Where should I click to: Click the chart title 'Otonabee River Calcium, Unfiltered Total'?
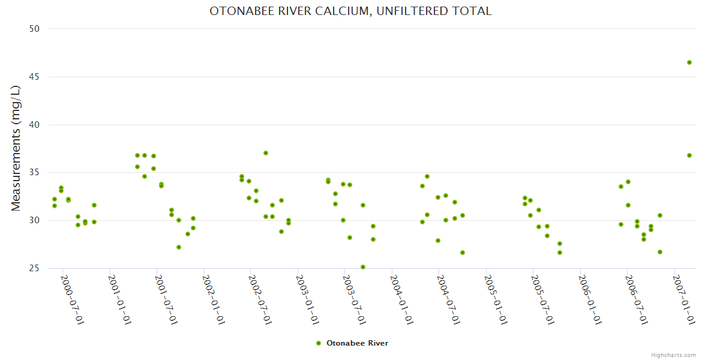[350, 11]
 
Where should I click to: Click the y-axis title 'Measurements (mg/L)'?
[16, 148]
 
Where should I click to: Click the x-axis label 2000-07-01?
[72, 300]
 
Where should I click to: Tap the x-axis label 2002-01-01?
[214, 300]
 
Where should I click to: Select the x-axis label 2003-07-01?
[355, 300]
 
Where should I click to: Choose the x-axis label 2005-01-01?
[496, 300]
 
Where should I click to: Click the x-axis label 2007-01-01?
[684, 300]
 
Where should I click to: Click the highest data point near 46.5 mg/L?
[689, 62]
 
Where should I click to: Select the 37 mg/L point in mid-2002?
[266, 153]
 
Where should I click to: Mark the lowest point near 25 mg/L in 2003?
[363, 267]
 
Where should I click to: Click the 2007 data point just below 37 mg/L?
[689, 155]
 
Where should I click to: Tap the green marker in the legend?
[319, 343]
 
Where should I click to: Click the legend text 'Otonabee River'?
[357, 343]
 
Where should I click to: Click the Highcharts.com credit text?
[674, 355]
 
